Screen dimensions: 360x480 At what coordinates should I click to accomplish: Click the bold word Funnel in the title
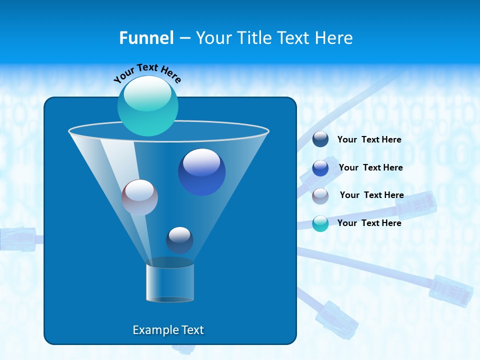[146, 37]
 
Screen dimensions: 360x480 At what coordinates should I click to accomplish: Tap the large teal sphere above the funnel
[148, 105]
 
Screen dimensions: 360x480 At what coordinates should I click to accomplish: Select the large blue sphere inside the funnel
[202, 172]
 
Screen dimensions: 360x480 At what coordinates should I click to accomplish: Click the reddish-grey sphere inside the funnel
[139, 197]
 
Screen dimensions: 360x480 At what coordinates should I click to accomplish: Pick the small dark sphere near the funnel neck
[179, 240]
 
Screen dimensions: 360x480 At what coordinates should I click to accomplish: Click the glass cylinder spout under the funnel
[170, 282]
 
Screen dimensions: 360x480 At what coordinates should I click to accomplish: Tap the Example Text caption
[168, 330]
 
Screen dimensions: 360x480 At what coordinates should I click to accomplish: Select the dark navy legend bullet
[320, 139]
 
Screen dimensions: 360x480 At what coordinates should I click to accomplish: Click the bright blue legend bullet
[320, 168]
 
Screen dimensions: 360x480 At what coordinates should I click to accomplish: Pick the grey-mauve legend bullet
[320, 196]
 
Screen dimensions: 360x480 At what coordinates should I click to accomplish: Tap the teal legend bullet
[320, 223]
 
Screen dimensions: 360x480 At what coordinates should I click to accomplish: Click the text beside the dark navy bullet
[369, 139]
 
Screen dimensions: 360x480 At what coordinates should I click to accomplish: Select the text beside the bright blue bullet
[370, 167]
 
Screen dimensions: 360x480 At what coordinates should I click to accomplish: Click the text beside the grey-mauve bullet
[371, 195]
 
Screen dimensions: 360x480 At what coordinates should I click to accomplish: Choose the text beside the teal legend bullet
[369, 223]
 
